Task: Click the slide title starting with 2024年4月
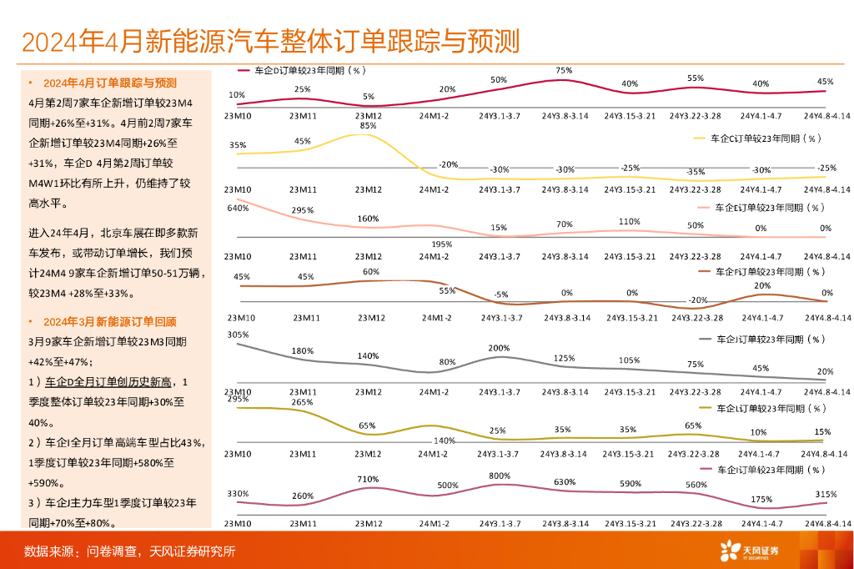click(271, 41)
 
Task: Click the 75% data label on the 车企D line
click(564, 70)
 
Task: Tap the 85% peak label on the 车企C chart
click(368, 126)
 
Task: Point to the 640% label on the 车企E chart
click(238, 208)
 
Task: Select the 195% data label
click(441, 244)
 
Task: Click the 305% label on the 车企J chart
click(238, 335)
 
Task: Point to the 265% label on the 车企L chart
click(303, 402)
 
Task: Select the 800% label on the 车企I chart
click(500, 476)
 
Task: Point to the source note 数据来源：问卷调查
click(129, 551)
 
